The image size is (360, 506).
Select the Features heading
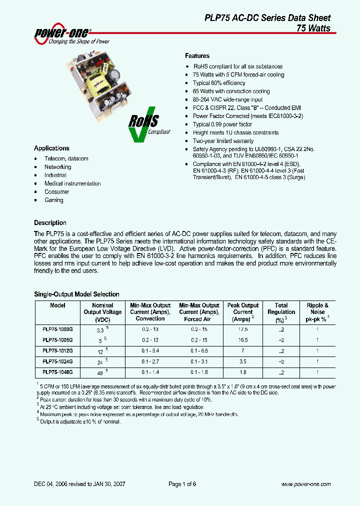pyautogui.click(x=197, y=56)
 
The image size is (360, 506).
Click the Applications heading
pyautogui.click(x=51, y=148)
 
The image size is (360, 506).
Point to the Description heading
pyautogui.click(x=50, y=223)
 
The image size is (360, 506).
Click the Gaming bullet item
pyautogui.click(x=53, y=200)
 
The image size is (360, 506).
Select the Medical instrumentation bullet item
pyautogui.click(x=72, y=183)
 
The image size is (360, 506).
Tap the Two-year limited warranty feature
pyautogui.click(x=223, y=141)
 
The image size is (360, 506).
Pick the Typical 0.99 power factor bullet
pyautogui.click(x=222, y=124)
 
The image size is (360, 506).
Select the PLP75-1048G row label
pyautogui.click(x=57, y=372)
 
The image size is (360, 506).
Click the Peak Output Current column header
pyautogui.click(x=243, y=312)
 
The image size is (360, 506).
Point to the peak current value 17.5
pyautogui.click(x=243, y=329)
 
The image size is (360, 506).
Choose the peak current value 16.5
pyautogui.click(x=243, y=340)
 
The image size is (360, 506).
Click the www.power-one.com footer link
pyautogui.click(x=305, y=484)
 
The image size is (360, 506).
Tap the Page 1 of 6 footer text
pyautogui.click(x=182, y=484)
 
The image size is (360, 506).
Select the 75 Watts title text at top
pyautogui.click(x=313, y=28)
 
